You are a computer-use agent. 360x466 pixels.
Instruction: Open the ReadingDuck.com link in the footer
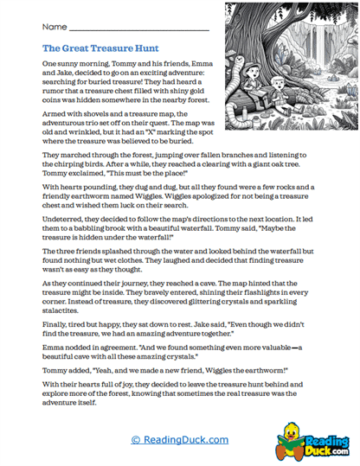click(x=180, y=440)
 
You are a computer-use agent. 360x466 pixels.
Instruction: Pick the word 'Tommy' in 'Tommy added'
click(x=55, y=366)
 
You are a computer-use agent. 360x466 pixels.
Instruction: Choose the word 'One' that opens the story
click(x=49, y=65)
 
